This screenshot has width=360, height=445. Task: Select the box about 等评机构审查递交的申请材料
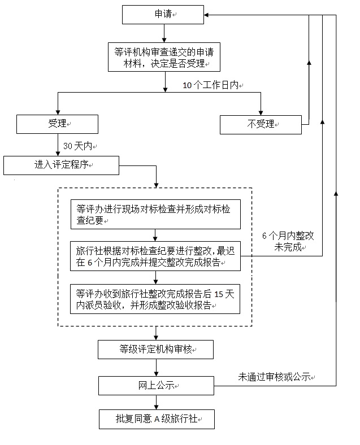164,58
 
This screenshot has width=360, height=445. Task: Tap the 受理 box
58,124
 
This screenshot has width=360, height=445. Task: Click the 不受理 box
261,124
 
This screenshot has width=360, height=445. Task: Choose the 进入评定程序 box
62,165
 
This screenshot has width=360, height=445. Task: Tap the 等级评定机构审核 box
156,350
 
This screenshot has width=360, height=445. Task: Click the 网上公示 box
156,386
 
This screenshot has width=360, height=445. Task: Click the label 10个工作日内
212,85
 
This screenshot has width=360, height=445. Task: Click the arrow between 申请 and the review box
164,33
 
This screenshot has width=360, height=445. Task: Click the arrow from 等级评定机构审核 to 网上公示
156,368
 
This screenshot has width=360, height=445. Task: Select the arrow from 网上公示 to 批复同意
156,403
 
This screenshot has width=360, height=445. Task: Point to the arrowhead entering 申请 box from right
209,15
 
